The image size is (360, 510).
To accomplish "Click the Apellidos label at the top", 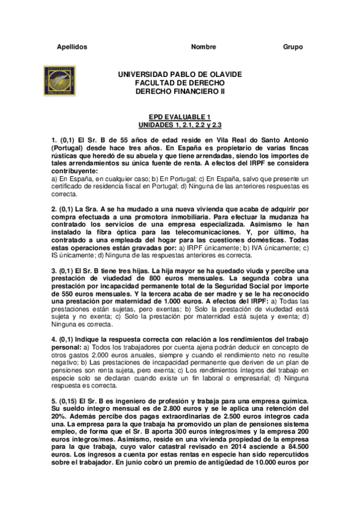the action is [72, 47].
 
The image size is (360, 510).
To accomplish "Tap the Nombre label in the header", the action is [203, 47].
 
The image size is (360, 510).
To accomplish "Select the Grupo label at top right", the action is [293, 47].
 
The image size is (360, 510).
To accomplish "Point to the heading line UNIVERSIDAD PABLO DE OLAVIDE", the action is [180, 74].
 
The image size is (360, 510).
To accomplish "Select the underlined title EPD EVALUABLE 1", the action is [180, 118].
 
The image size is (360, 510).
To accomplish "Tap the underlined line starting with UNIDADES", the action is [180, 126].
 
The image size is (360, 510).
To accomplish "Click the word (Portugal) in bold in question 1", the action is [69, 148].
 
